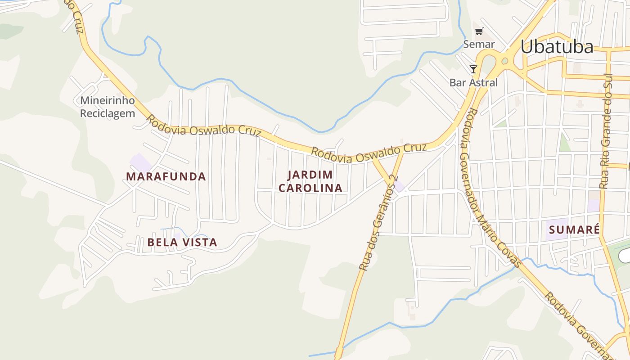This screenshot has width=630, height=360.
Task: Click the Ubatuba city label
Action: point(557,46)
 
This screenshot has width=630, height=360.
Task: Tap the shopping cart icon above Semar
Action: point(479,31)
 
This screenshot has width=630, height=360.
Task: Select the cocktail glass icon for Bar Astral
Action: point(473,69)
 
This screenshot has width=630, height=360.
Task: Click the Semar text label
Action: point(479,44)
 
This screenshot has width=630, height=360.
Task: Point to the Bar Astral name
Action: point(473,82)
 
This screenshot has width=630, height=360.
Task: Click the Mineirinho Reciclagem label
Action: point(108,107)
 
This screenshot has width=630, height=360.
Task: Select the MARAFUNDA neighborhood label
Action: point(166,176)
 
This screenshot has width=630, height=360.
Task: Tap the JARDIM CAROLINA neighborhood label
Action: point(310,181)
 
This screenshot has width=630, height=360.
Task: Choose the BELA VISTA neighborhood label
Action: point(182,243)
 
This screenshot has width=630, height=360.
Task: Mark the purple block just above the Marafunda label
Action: point(140,162)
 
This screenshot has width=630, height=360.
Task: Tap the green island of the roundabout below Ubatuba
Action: point(504,61)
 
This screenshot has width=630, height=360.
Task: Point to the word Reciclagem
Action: point(108,113)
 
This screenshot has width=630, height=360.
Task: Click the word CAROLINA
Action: point(310,188)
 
